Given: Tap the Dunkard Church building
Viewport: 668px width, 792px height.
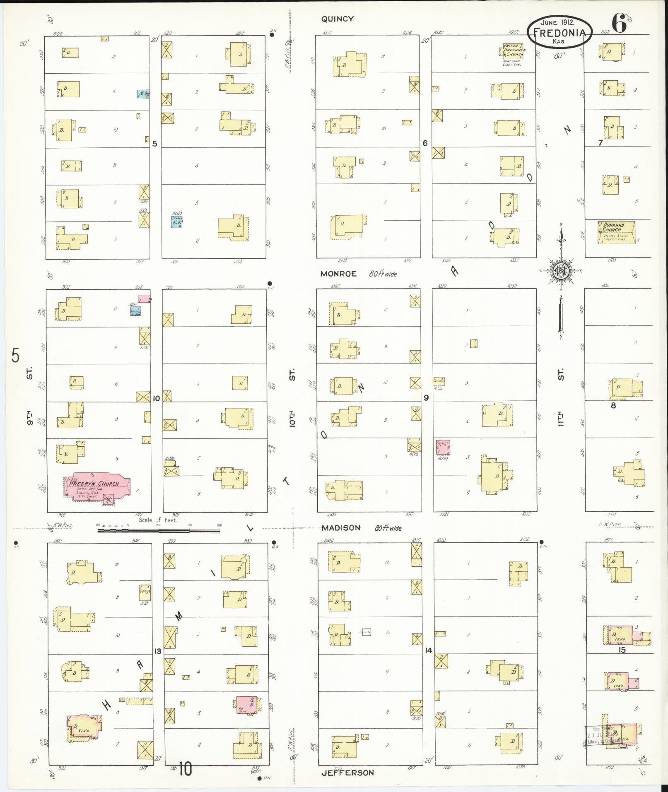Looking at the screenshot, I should pyautogui.click(x=616, y=232).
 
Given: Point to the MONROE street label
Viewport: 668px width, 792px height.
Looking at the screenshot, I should pyautogui.click(x=338, y=274).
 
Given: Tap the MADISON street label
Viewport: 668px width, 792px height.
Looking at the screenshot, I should pyautogui.click(x=341, y=527).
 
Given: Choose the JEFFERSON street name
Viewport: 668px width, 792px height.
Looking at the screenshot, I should pyautogui.click(x=347, y=773).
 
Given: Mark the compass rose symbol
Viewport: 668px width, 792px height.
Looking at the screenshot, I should pyautogui.click(x=561, y=271).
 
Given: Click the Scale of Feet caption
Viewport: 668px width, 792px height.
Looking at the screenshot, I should pyautogui.click(x=158, y=520).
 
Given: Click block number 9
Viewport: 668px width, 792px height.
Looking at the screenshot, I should pyautogui.click(x=426, y=398).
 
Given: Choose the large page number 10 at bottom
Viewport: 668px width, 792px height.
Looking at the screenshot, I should pyautogui.click(x=186, y=769).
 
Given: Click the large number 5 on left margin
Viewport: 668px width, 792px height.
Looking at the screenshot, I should pyautogui.click(x=15, y=356).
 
